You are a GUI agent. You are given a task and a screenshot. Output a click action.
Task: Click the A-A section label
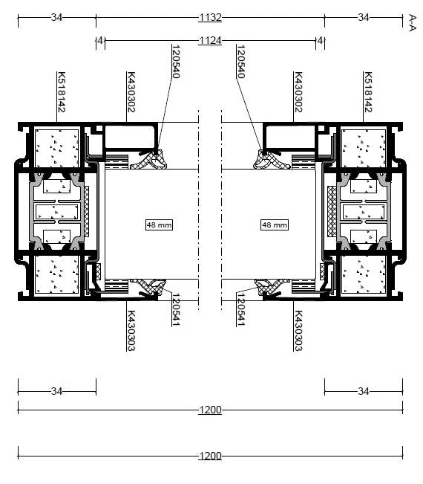point(413,22)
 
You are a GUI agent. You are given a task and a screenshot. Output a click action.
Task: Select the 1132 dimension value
point(210,17)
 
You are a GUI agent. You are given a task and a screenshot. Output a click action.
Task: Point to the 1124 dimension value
point(210,40)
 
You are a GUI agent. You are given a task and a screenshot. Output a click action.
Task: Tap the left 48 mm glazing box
point(159,225)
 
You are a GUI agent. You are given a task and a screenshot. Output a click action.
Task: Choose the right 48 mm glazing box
point(275,225)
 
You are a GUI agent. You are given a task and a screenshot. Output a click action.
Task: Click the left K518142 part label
point(62,92)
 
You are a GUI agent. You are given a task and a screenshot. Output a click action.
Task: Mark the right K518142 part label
point(368,92)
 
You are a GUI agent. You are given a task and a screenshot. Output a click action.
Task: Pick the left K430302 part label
point(131,92)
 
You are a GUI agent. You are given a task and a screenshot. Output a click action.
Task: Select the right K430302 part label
point(298,92)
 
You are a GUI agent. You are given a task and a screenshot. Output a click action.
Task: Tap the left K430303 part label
point(131,331)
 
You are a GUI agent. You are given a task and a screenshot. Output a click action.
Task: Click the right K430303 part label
point(298,331)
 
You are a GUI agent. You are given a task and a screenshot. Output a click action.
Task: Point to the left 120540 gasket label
point(176,62)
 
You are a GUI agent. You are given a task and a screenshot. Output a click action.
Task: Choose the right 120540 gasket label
point(240,62)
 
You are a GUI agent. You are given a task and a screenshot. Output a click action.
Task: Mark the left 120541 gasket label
point(176,309)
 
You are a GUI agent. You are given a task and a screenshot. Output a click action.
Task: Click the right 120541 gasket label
point(240,309)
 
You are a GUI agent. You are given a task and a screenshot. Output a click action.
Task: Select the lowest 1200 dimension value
point(210,456)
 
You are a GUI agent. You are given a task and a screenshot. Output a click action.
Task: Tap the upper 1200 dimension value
point(210,410)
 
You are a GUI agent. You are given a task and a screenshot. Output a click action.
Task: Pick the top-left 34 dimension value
point(56,17)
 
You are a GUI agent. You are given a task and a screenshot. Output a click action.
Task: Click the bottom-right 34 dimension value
point(364,391)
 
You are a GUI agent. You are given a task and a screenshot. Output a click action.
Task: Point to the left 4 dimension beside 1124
point(100,40)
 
